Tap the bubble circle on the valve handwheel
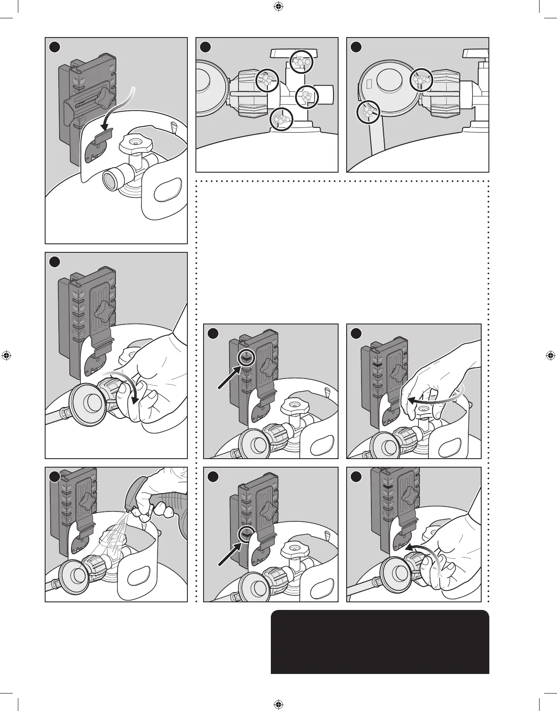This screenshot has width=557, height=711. pyautogui.click(x=301, y=62)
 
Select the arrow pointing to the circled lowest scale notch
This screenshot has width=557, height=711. pyautogui.click(x=229, y=555)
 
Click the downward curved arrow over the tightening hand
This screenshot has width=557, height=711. pyautogui.click(x=128, y=386)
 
